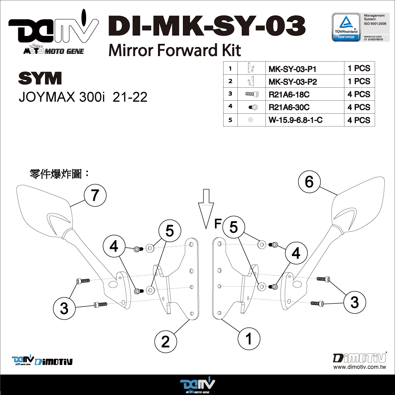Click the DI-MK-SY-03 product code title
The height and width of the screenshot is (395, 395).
point(206,26)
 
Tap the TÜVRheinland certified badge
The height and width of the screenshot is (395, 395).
point(346,26)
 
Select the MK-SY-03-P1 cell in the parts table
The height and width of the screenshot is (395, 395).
point(293,69)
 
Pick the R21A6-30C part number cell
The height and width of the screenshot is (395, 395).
point(289,107)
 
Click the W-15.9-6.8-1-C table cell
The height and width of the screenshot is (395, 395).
point(295,120)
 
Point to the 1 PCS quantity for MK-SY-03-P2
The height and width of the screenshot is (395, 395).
point(359,81)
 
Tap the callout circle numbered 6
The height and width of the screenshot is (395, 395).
point(309,182)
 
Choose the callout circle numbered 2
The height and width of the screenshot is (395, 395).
point(166,341)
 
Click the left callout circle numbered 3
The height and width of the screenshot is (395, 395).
point(64,308)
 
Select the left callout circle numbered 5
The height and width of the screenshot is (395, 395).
point(169,231)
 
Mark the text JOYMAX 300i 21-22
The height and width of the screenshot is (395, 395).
point(83,97)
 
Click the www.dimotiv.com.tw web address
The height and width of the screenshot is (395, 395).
point(359,367)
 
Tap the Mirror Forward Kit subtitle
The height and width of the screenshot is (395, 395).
point(174,50)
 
